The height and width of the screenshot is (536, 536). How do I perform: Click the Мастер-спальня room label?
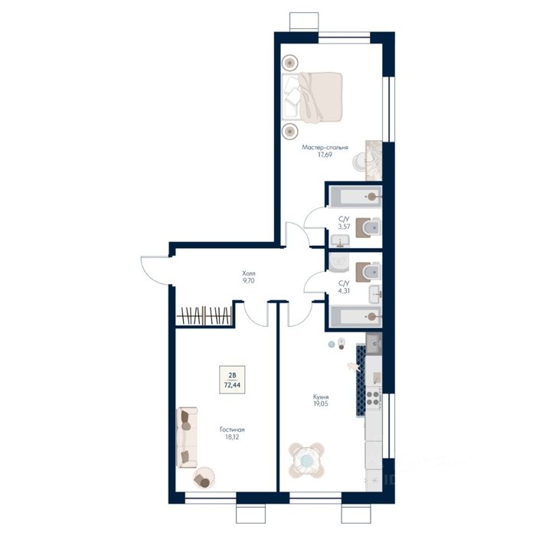325,147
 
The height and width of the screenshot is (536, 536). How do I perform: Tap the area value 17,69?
325,155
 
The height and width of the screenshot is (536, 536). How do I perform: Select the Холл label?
249,273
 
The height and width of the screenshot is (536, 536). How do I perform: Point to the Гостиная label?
232,430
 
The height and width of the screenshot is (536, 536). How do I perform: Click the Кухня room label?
321,397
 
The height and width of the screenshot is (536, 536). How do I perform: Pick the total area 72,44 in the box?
232,384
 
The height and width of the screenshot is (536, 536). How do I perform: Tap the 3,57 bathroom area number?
345,227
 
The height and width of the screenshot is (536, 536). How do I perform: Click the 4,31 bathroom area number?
345,291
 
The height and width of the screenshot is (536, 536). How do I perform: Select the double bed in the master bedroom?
312,97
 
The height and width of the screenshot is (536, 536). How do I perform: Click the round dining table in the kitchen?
306,460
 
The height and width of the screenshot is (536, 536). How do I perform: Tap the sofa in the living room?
187,437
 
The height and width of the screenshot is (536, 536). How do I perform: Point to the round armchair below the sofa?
204,478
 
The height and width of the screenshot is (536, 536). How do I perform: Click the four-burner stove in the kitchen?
374,397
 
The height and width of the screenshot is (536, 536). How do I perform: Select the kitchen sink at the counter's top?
374,344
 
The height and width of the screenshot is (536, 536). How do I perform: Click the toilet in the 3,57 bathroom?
368,227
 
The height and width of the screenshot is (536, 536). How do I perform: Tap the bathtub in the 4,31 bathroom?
355,316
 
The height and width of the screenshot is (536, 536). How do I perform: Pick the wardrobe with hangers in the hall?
204,315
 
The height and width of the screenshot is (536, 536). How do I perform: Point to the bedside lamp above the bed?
290,63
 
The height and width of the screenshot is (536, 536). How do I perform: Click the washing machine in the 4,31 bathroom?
338,263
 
